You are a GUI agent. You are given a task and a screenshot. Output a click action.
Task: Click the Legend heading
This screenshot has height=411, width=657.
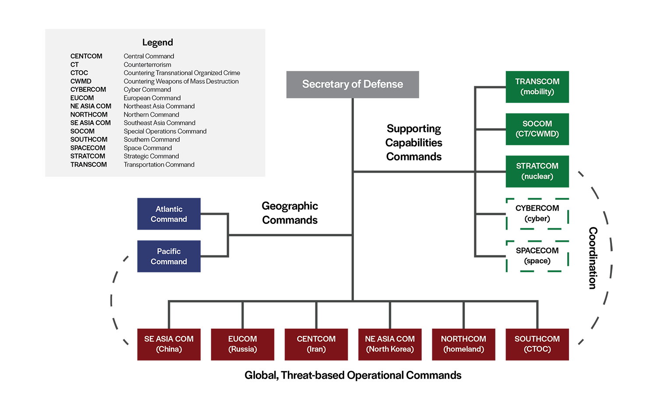click(157, 43)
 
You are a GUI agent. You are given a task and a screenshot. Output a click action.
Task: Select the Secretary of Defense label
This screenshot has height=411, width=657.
click(352, 84)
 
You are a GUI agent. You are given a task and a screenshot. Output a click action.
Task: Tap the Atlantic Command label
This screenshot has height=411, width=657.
click(169, 214)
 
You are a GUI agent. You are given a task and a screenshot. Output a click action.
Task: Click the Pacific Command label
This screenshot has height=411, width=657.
click(169, 256)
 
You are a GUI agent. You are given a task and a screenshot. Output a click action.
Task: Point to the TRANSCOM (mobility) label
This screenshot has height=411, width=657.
click(537, 87)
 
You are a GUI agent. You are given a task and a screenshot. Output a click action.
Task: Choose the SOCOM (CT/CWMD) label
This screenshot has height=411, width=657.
click(537, 129)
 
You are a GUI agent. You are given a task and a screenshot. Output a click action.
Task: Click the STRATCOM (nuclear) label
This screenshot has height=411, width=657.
click(537, 171)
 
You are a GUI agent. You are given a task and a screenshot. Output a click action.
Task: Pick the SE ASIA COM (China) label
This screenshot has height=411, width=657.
click(169, 344)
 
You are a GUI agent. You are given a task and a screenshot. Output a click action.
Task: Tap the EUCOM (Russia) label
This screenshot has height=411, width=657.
click(242, 344)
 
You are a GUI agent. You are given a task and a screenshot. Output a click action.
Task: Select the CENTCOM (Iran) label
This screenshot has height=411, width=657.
click(316, 344)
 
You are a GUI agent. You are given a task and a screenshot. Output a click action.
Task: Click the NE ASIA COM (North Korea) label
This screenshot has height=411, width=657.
click(389, 344)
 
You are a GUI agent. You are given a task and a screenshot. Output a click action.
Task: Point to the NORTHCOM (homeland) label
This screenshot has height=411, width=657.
click(463, 344)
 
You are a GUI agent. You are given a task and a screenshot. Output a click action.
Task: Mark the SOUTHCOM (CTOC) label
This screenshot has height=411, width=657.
click(537, 344)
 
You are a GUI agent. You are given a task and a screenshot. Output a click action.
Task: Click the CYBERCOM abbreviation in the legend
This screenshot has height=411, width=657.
click(88, 89)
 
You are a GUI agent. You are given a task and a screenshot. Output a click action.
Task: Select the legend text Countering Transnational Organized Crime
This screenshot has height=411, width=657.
click(182, 73)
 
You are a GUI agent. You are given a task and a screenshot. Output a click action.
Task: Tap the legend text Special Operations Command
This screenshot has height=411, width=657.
click(165, 131)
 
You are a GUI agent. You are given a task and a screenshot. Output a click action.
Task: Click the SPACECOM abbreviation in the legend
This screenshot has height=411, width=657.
click(88, 148)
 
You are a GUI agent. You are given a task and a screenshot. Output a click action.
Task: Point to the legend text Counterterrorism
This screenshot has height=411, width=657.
click(147, 64)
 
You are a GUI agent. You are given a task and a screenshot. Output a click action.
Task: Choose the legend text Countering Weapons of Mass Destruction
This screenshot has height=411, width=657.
click(181, 81)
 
